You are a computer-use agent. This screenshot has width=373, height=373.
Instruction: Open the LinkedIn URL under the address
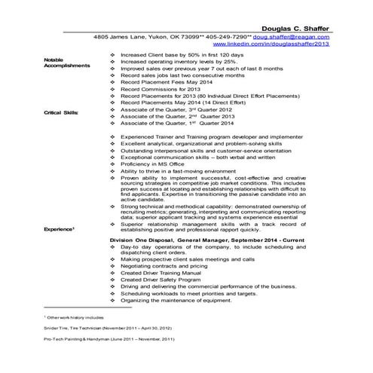299,44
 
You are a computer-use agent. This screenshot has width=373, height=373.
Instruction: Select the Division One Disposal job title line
209,239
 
